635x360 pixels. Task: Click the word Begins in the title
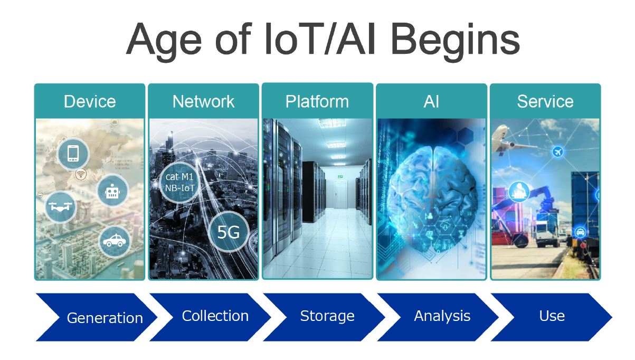pos(456,41)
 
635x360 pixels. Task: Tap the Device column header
pos(90,101)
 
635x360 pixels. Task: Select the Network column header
pos(204,101)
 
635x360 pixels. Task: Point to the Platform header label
pos(317,101)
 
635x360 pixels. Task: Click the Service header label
pos(545,101)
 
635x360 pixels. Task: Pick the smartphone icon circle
pos(73,154)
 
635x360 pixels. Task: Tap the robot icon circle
pos(112,191)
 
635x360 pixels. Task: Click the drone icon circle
pos(60,206)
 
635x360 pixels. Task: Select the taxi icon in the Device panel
pos(115,241)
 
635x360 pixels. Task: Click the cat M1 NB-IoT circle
pos(179,182)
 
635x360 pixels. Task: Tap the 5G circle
pos(229,232)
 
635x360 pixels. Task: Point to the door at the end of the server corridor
pos(340,194)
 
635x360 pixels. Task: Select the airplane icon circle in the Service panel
pos(557,152)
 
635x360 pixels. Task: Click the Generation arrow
pos(97,317)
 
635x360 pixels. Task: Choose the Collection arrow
pos(210,317)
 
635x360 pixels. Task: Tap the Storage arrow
pos(324,317)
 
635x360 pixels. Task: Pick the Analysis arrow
pos(438,317)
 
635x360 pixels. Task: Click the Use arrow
pos(552,317)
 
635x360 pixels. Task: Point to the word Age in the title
pos(164,41)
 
